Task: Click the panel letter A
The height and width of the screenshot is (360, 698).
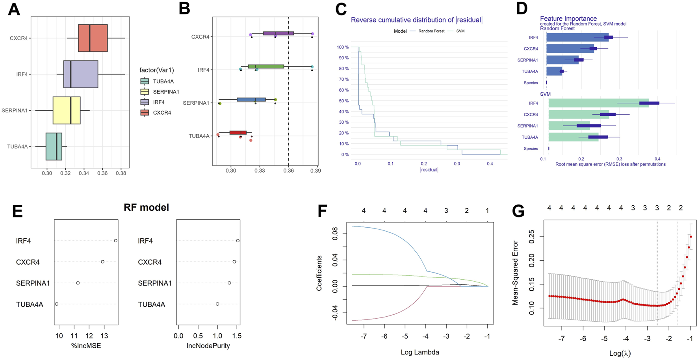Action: pos(14,9)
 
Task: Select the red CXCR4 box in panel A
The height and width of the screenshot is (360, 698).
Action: pos(93,38)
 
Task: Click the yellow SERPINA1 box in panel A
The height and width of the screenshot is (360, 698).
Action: pos(67,110)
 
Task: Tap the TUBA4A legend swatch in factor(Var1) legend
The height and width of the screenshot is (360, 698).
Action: pos(145,82)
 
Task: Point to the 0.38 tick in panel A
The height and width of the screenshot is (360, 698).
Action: pos(121,173)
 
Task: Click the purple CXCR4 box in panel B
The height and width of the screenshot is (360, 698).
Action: pos(278,33)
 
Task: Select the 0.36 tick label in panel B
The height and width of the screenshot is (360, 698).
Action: pos(288,171)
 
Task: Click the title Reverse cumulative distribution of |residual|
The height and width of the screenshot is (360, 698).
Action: pos(416,20)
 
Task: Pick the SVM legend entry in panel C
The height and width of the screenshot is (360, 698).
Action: pos(460,31)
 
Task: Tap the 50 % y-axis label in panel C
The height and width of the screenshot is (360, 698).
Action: pos(343,101)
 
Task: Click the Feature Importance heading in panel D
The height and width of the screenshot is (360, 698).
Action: pos(568,19)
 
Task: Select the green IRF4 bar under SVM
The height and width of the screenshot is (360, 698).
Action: pos(598,103)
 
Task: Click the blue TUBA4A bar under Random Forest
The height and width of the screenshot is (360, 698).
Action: pos(554,71)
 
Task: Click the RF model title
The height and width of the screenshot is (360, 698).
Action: pos(146,207)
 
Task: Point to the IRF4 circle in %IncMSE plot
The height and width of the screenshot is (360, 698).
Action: pos(116,241)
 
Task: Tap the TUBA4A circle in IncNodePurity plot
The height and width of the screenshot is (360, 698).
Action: pos(217,304)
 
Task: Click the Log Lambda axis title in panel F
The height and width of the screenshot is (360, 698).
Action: pos(420,352)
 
